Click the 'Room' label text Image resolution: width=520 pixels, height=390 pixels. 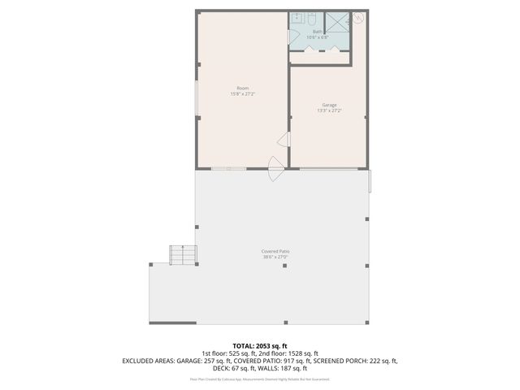242,88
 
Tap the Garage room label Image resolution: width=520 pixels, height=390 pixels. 329,105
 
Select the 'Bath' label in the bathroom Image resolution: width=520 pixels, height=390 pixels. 317,32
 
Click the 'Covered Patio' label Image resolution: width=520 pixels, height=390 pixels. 275,251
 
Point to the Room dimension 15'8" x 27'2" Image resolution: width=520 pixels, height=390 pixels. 242,93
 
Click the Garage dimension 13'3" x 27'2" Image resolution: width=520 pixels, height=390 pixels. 329,110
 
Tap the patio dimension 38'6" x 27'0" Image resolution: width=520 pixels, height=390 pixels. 275,257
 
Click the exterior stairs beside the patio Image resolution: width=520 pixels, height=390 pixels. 183,255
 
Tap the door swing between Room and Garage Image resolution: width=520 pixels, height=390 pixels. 284,140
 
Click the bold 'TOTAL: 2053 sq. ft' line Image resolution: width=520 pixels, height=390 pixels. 260,346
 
